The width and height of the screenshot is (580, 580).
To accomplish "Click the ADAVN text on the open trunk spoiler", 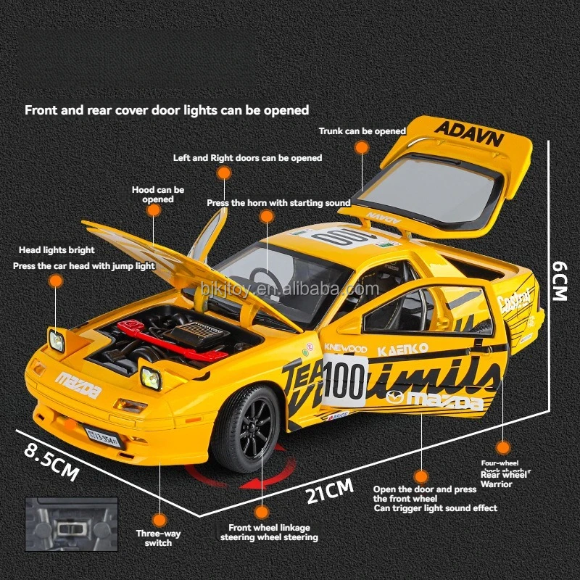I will point(468,136).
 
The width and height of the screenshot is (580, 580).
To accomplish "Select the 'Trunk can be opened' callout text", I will point(362,131).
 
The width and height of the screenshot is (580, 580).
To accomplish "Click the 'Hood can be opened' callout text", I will point(158,194).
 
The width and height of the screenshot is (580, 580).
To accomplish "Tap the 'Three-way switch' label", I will point(158,538).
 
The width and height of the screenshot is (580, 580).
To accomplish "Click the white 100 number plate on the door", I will point(344,379).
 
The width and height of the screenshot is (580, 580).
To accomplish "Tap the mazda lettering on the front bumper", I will point(79,384).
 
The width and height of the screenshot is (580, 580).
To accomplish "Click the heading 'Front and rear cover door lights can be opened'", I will point(167,110).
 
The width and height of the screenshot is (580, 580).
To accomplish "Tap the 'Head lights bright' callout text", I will point(57,250).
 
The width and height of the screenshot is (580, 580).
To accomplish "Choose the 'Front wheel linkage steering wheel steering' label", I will point(269,533).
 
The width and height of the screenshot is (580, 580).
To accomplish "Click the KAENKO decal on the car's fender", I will point(403,349).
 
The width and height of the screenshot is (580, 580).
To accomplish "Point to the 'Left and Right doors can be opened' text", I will point(248,157).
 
